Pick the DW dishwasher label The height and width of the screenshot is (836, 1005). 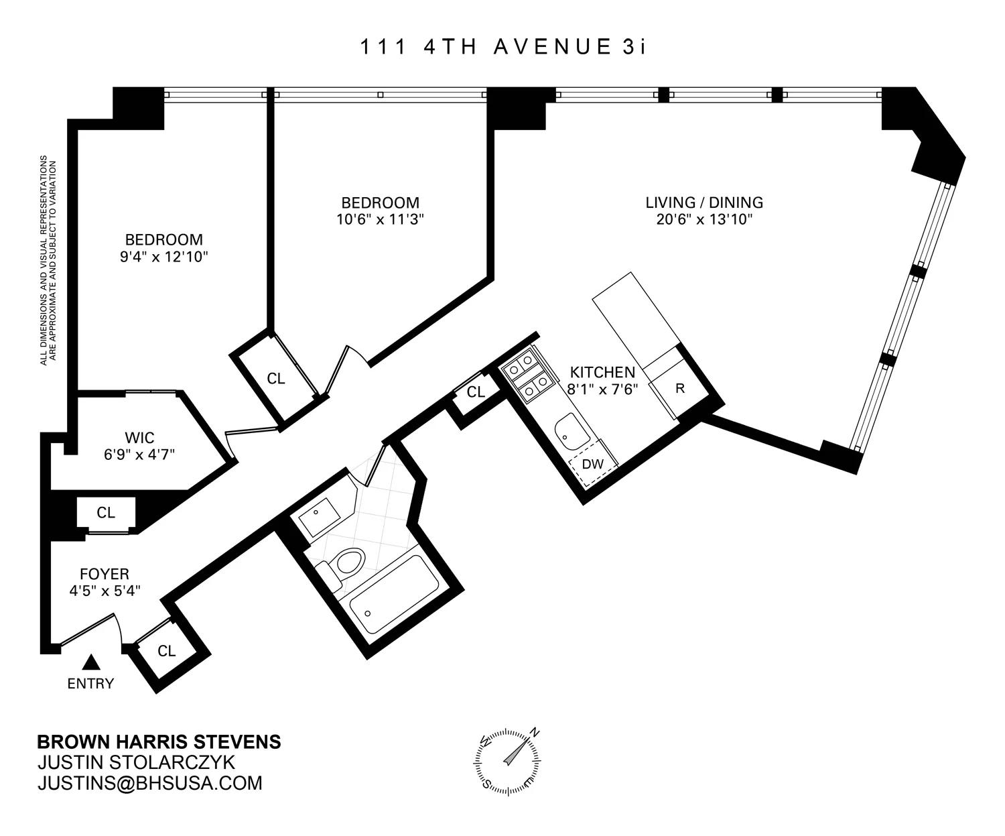tap(592, 464)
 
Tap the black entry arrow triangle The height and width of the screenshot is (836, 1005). tap(91, 662)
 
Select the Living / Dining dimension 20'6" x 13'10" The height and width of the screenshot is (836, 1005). tap(704, 219)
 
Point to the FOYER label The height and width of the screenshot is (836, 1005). tap(104, 574)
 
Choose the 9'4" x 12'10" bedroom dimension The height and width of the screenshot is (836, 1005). tap(164, 256)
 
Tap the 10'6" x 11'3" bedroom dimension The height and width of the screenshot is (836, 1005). tap(380, 219)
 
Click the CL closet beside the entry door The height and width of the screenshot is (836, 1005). tap(166, 651)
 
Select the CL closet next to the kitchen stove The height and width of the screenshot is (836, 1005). tap(476, 392)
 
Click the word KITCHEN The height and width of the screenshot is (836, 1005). tap(602, 372)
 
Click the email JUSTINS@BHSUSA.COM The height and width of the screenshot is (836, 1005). tap(149, 783)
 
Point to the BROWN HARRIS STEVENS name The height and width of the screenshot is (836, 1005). tap(159, 742)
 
